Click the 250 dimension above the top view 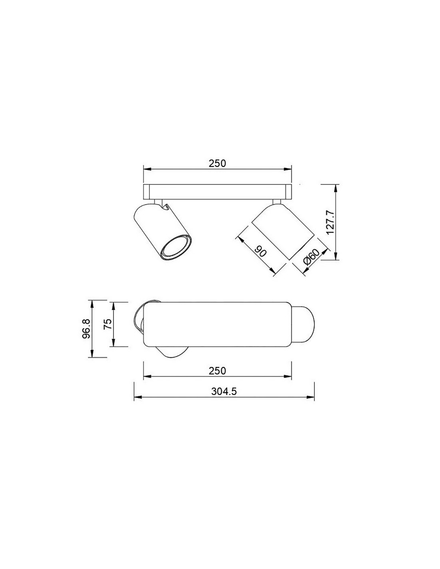[x=217, y=163]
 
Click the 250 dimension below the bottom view [x=217, y=371]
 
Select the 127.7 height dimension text [x=330, y=222]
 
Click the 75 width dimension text [x=108, y=324]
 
